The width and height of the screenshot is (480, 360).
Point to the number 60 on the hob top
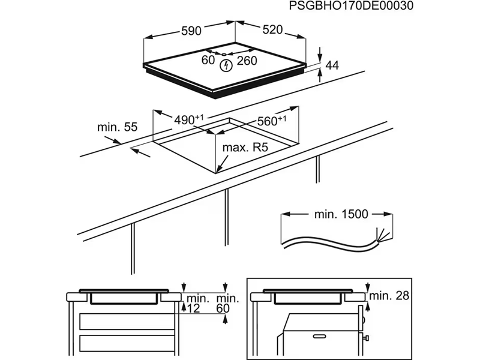[x=208, y=60]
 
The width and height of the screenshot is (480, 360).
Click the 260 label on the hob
[x=246, y=61]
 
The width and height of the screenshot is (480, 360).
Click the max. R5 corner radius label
[x=244, y=148]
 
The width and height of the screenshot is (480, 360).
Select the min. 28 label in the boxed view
[x=388, y=295]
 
